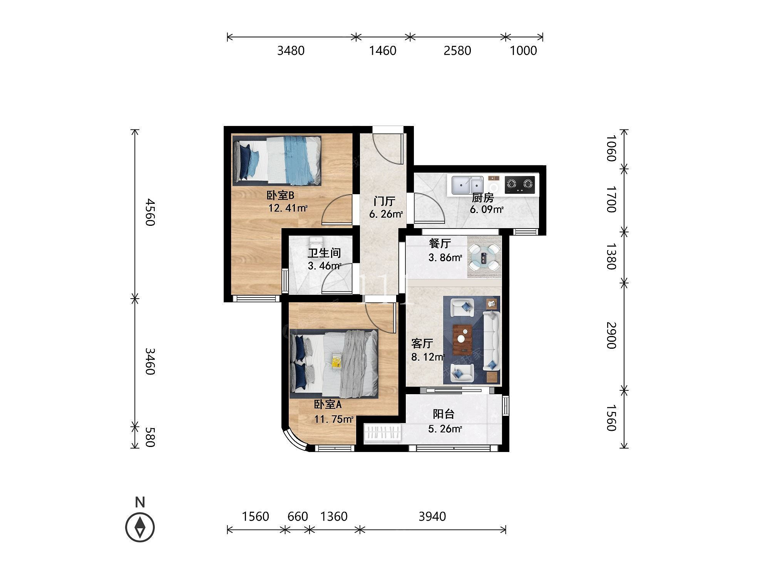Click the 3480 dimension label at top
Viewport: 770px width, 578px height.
tap(291, 50)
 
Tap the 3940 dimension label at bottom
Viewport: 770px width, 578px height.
tap(432, 516)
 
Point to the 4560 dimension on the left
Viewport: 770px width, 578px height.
tap(150, 212)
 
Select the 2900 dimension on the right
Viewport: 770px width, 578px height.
tap(611, 335)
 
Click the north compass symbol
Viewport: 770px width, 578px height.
tap(140, 527)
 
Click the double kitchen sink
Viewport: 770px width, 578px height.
tap(467, 185)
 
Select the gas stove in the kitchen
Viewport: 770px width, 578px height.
tap(520, 184)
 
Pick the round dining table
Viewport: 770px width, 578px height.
tap(484, 256)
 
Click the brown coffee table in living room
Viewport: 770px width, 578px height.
tap(462, 339)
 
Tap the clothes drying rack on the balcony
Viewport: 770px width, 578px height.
tap(383, 433)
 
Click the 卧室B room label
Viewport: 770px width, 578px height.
tap(280, 195)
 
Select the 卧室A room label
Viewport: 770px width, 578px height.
tap(328, 405)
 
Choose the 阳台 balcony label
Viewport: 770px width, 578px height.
tap(444, 414)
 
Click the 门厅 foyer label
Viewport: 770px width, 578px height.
tap(385, 201)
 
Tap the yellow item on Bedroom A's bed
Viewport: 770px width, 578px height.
tap(336, 361)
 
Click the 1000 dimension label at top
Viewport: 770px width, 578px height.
tap(523, 50)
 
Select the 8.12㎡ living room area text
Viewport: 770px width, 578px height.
tap(428, 357)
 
